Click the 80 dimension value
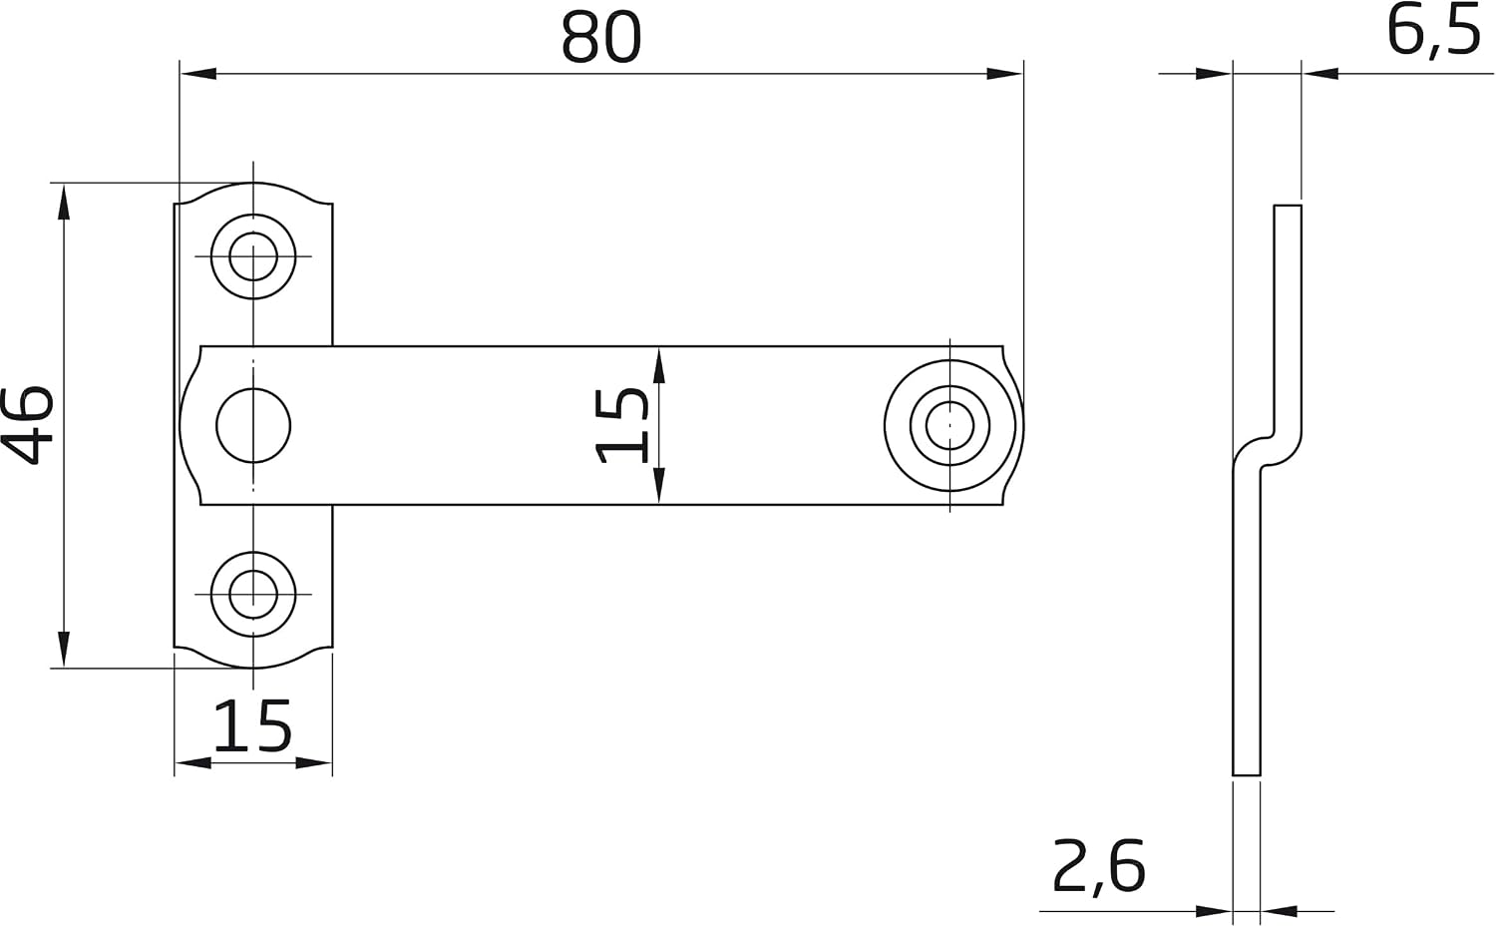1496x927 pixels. pyautogui.click(x=601, y=38)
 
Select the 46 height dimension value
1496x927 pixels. pyautogui.click(x=27, y=425)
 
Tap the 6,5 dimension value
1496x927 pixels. pyautogui.click(x=1433, y=33)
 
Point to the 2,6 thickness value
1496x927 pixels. pyautogui.click(x=1099, y=867)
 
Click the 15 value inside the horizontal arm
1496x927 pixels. pyautogui.click(x=621, y=426)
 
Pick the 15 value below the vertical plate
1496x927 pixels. pyautogui.click(x=252, y=725)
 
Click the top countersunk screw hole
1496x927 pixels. pyautogui.click(x=253, y=256)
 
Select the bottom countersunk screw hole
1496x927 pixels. pyautogui.click(x=253, y=594)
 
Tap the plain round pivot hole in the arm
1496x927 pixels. pyautogui.click(x=253, y=426)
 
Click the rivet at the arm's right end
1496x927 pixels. pyautogui.click(x=949, y=426)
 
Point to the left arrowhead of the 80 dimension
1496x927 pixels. pyautogui.click(x=198, y=74)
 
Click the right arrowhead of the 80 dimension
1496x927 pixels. pyautogui.click(x=1004, y=74)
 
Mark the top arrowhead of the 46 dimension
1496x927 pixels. pyautogui.click(x=64, y=202)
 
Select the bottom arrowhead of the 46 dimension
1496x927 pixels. pyautogui.click(x=64, y=649)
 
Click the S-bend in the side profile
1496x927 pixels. pyautogui.click(x=1267, y=451)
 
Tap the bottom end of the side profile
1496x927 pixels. pyautogui.click(x=1247, y=775)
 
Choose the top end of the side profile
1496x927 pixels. pyautogui.click(x=1288, y=206)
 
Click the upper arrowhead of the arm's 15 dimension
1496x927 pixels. pyautogui.click(x=659, y=365)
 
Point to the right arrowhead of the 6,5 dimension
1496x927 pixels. pyautogui.click(x=1320, y=74)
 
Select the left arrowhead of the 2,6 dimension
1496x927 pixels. pyautogui.click(x=1214, y=911)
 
